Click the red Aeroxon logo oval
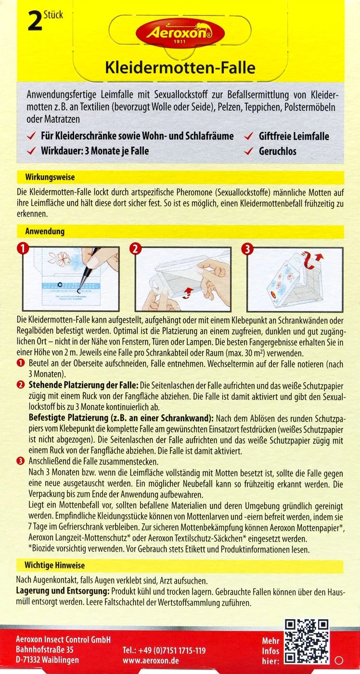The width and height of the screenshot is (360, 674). point(180,34)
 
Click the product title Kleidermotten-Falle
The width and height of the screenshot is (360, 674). point(180,68)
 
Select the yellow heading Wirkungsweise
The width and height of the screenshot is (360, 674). point(50,177)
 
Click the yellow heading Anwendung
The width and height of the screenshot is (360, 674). point(44,232)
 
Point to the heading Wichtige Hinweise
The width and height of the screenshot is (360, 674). point(54,565)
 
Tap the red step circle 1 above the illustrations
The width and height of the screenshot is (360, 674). point(21,248)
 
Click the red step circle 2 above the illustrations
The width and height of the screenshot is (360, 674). point(135,248)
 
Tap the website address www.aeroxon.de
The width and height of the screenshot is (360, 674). point(151,661)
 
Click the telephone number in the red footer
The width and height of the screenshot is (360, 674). point(164,650)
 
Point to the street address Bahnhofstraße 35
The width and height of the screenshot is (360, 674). point(45,650)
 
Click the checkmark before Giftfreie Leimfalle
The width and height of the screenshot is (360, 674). point(249,136)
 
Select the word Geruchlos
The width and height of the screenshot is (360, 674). point(278,151)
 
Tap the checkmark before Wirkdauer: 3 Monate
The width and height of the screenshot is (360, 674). point(31,151)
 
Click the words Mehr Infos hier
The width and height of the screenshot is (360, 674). point(270,650)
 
